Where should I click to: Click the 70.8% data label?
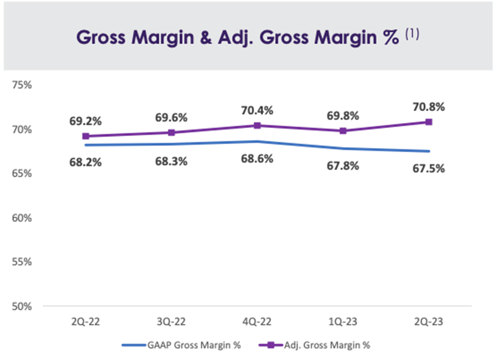click(428, 107)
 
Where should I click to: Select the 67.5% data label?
click(428, 169)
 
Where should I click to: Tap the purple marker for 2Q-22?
click(86, 136)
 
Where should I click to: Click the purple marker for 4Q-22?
click(257, 125)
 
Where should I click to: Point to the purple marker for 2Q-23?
click(429, 122)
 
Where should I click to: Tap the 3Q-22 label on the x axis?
click(171, 321)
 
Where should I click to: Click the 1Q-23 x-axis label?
click(343, 321)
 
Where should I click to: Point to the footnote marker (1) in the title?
click(413, 34)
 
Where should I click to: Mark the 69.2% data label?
click(86, 122)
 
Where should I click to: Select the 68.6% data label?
click(257, 157)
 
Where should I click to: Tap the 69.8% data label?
click(343, 115)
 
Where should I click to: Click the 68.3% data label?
click(171, 161)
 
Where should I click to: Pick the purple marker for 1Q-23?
click(343, 131)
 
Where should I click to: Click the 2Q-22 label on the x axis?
click(86, 321)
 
